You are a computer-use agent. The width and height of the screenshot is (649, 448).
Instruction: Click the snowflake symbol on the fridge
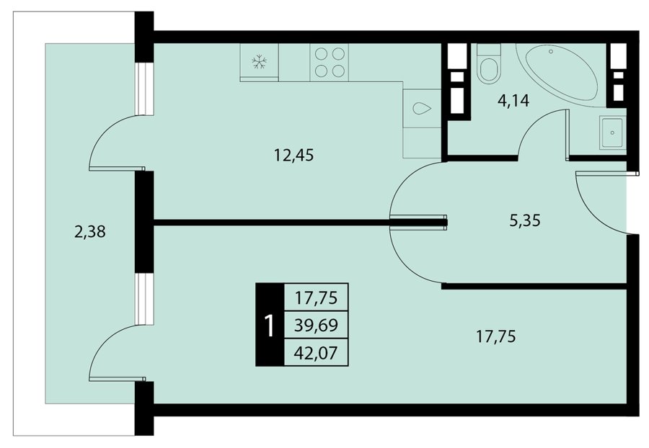(259, 62)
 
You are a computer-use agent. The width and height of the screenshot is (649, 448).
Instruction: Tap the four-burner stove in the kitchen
(330, 63)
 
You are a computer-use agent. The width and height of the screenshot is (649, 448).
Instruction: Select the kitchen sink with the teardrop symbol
(422, 109)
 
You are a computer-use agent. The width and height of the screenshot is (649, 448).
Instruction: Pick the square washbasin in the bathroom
(612, 133)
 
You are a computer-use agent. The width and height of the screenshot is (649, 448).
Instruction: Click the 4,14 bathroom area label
(513, 100)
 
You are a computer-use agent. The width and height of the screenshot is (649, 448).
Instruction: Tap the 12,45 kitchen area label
(294, 156)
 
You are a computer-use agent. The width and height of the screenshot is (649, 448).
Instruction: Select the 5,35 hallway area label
(525, 220)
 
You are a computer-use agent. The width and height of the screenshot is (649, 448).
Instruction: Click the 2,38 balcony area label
(90, 231)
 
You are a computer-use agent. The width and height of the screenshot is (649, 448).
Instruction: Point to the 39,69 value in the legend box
(317, 326)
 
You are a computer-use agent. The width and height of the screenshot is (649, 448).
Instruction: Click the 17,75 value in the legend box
(317, 297)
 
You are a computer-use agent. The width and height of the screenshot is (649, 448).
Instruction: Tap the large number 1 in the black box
(270, 326)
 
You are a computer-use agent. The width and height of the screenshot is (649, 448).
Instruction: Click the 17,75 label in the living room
(496, 336)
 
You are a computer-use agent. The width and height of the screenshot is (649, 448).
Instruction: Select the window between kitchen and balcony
(145, 89)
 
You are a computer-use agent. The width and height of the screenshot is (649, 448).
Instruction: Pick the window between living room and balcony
(145, 298)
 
